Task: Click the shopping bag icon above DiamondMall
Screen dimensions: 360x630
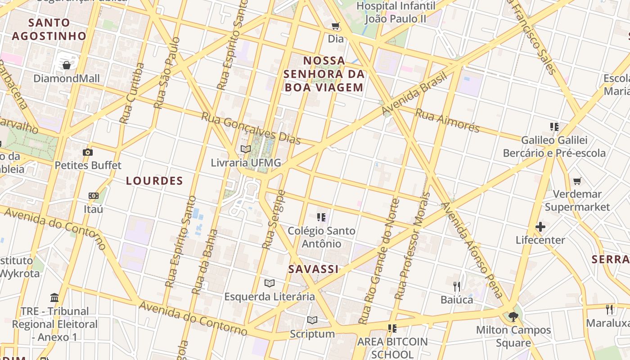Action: tap(67, 66)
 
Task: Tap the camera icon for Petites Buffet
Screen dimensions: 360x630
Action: tap(88, 153)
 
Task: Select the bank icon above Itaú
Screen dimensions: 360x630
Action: tap(94, 196)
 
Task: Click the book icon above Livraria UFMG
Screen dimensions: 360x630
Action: tap(245, 149)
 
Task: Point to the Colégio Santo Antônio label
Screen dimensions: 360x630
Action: tap(321, 237)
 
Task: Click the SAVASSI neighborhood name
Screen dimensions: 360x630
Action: tap(313, 269)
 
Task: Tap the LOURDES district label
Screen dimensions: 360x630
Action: tap(154, 181)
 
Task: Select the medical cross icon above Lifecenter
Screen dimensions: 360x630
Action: tap(540, 227)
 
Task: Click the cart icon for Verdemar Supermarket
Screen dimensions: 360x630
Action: tap(577, 181)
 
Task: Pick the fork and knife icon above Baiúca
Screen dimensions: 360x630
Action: tap(457, 286)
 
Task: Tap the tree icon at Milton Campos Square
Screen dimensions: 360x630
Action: tap(513, 316)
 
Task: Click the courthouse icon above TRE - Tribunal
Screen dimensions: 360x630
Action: tap(54, 297)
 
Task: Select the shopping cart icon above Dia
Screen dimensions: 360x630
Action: tap(335, 26)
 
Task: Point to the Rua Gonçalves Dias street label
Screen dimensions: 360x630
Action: tap(251, 128)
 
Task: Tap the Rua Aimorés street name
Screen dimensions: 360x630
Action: tap(447, 120)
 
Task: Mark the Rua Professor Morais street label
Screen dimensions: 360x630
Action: tap(413, 247)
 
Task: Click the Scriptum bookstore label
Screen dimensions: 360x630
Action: tap(312, 334)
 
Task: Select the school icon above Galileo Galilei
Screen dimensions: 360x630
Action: tap(554, 127)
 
